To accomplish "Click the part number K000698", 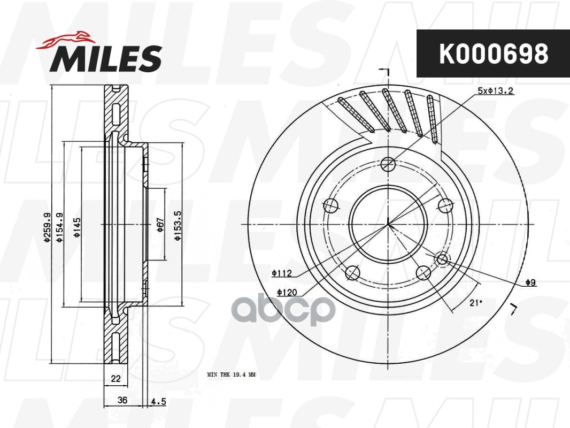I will click(493, 53).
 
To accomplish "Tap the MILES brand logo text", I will click(106, 58).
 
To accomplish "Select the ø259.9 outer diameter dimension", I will click(47, 228).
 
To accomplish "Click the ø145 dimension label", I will click(77, 228).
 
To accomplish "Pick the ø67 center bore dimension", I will click(159, 225).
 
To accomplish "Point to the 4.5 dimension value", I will click(159, 400).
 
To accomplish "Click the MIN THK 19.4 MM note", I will click(231, 375).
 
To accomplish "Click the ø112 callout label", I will click(281, 273).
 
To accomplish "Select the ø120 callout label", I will click(287, 292).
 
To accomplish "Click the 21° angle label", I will click(475, 303).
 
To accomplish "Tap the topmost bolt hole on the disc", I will click(389, 163).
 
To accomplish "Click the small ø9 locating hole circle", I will click(442, 259).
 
